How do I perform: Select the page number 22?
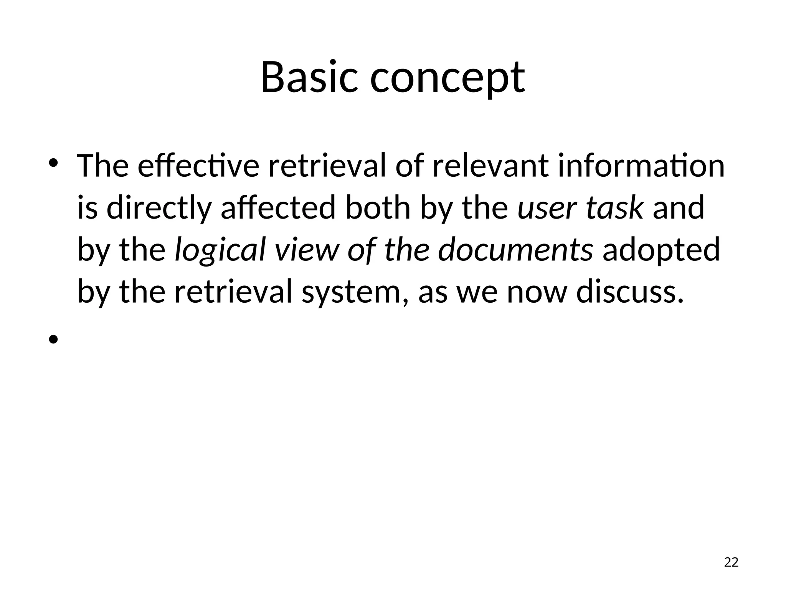[731, 562]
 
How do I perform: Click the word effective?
[198, 166]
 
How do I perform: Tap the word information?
[641, 166]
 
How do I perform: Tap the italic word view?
[307, 250]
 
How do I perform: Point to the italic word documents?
[515, 250]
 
